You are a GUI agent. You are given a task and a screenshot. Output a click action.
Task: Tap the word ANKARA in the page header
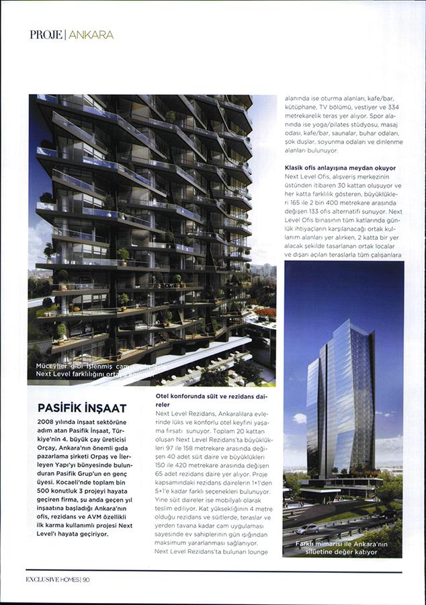(x=91, y=34)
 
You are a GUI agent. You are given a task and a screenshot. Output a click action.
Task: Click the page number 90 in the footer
(x=86, y=580)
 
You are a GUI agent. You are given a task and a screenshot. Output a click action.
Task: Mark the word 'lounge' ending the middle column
(x=256, y=551)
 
